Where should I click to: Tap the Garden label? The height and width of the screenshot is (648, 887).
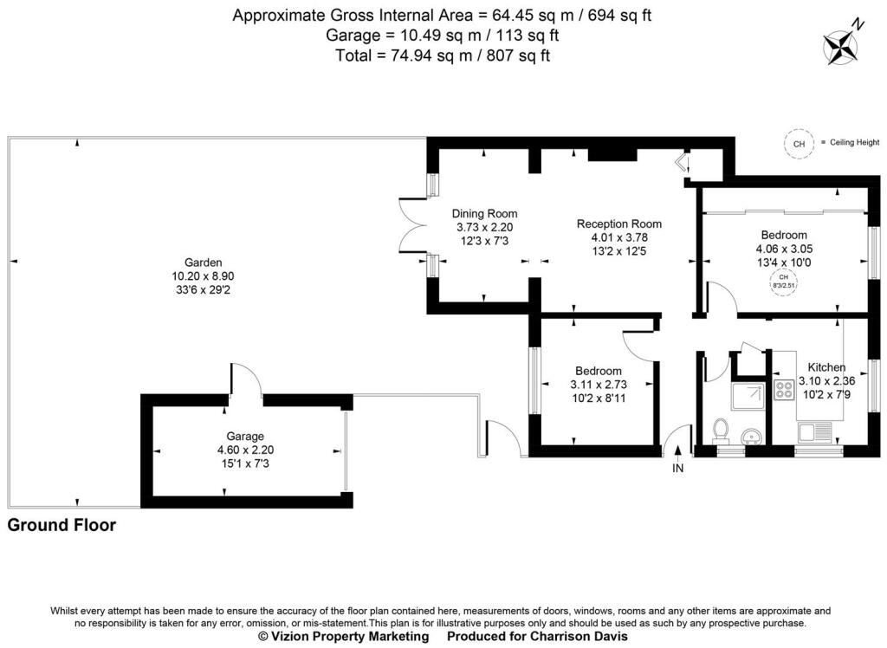[204, 262]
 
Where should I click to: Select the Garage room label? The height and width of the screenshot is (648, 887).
[245, 437]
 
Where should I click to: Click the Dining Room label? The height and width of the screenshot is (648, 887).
[484, 214]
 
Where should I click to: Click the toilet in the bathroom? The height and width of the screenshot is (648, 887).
[720, 430]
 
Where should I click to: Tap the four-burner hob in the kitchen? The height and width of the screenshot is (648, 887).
[784, 391]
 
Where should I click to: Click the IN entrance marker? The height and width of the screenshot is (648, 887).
[677, 469]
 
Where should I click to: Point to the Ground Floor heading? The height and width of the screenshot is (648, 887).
[62, 525]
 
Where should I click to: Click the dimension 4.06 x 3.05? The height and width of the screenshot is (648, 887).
[784, 248]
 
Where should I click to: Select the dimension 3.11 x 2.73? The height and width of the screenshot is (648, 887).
[598, 384]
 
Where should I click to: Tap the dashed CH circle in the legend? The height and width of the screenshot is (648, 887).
[799, 143]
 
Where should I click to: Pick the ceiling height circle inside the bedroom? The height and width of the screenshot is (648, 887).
[784, 282]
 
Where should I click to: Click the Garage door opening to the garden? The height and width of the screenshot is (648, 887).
[245, 381]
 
